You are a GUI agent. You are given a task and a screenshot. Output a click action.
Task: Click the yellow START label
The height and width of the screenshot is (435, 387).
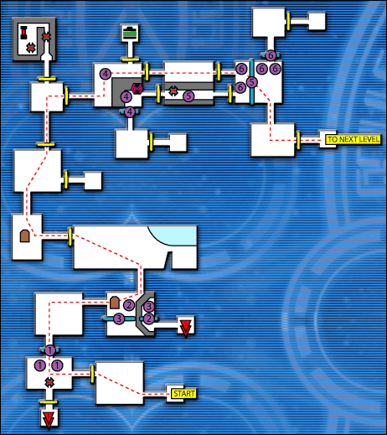tap(182, 392)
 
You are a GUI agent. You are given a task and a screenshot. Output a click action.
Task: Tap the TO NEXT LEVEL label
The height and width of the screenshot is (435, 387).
tap(353, 139)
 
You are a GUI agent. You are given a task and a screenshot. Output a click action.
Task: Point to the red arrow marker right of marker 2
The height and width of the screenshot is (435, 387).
tap(185, 327)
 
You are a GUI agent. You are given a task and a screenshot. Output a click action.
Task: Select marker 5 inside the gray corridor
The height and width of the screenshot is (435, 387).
tap(188, 96)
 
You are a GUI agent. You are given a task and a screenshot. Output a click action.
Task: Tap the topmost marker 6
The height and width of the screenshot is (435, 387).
tap(271, 55)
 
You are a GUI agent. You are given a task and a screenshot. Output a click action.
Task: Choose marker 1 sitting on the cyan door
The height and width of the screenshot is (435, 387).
tap(49, 350)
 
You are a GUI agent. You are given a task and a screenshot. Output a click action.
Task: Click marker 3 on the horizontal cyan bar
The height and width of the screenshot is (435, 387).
tap(119, 318)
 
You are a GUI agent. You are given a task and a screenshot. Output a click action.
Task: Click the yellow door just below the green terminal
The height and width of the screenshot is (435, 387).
tap(130, 60)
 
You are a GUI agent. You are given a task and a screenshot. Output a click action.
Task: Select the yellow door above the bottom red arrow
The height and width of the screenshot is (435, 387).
tap(49, 402)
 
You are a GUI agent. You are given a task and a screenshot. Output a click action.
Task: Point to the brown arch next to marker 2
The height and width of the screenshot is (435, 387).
tap(115, 302)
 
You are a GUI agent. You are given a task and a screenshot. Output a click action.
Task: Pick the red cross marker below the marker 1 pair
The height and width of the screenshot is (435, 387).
tap(49, 383)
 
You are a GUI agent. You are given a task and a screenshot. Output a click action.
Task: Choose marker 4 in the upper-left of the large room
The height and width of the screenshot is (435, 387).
tap(105, 75)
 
